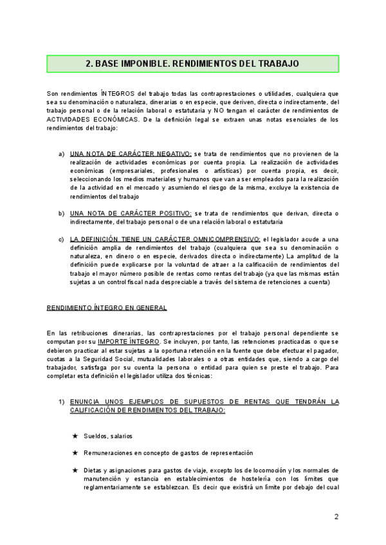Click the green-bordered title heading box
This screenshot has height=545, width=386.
click(192, 64)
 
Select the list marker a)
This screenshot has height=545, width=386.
click(61, 154)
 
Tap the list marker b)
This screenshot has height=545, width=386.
click(61, 213)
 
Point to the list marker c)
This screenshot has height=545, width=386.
click(61, 239)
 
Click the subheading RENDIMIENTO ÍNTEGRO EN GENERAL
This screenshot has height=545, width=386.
click(107, 308)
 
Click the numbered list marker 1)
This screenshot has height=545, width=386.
click(61, 401)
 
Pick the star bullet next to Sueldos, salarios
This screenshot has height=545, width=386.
click(75, 436)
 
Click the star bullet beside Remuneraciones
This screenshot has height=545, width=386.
click(75, 453)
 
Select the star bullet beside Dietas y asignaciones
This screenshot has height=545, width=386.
click(75, 470)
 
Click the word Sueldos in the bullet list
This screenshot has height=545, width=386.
click(95, 436)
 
